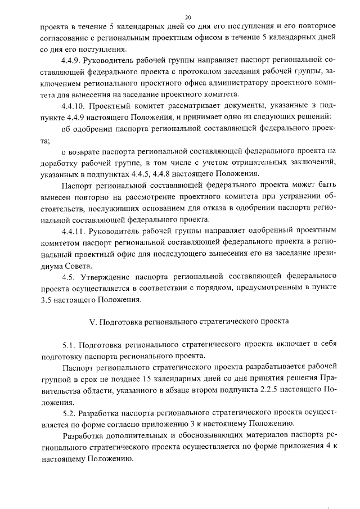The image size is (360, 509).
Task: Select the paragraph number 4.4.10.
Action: pyautogui.click(x=73, y=105)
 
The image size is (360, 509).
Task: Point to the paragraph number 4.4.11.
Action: pyautogui.click(x=73, y=231)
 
